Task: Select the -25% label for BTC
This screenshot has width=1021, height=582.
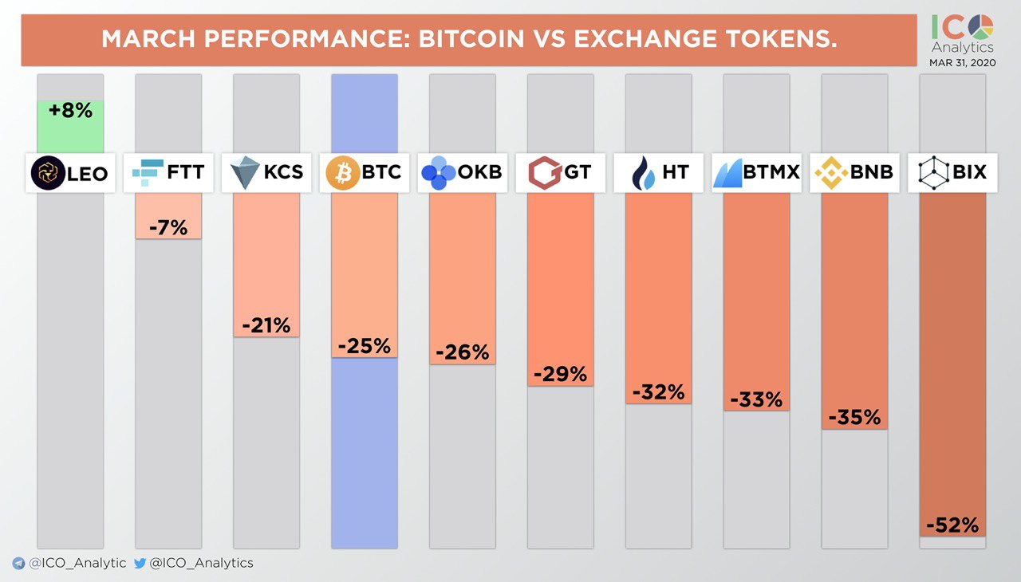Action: click(x=364, y=346)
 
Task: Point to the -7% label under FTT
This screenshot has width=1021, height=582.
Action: click(x=168, y=227)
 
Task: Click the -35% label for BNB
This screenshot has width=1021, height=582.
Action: click(x=853, y=417)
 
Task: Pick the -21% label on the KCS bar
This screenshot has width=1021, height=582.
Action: click(x=266, y=325)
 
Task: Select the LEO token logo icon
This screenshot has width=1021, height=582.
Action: click(x=46, y=173)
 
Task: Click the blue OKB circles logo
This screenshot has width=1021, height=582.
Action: click(x=438, y=173)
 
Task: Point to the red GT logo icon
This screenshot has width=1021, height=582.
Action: click(x=544, y=173)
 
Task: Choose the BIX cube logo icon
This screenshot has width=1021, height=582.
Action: click(x=931, y=173)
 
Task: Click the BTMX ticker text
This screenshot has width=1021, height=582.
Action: click(x=771, y=172)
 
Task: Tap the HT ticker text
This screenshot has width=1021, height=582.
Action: click(x=675, y=172)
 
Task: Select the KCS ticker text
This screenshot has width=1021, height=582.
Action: click(x=283, y=172)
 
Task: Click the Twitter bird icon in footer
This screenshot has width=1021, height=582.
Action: click(x=140, y=563)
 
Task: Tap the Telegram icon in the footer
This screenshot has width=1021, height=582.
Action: click(x=18, y=563)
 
